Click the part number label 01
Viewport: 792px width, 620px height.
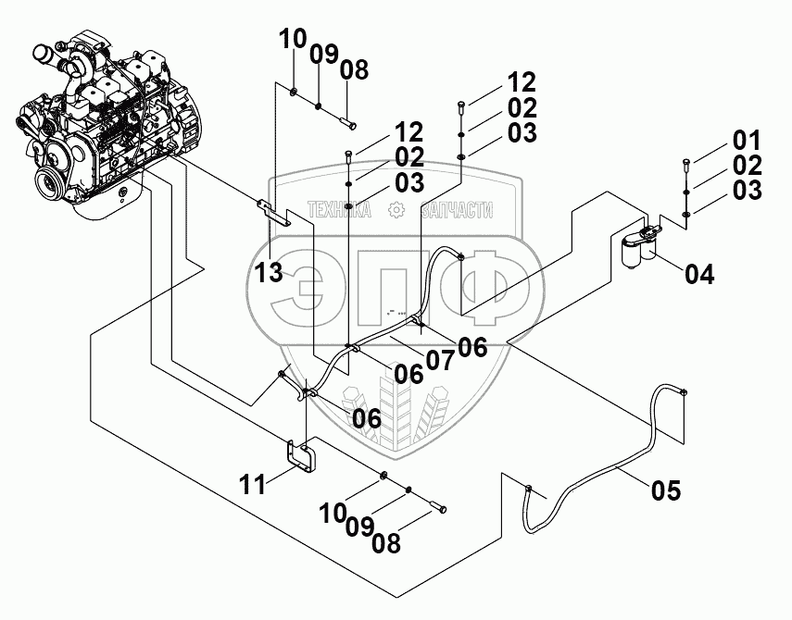pyautogui.click(x=747, y=143)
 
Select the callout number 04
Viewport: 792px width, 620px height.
pyautogui.click(x=700, y=274)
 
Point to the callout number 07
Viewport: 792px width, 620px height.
pyautogui.click(x=440, y=359)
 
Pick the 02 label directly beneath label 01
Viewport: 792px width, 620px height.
pyautogui.click(x=747, y=167)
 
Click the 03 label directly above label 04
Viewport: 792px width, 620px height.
pyautogui.click(x=747, y=191)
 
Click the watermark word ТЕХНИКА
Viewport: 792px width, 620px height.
pyautogui.click(x=340, y=211)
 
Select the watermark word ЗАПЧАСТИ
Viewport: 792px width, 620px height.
pyautogui.click(x=457, y=211)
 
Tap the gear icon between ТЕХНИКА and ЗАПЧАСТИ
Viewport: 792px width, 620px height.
pyautogui.click(x=396, y=211)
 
